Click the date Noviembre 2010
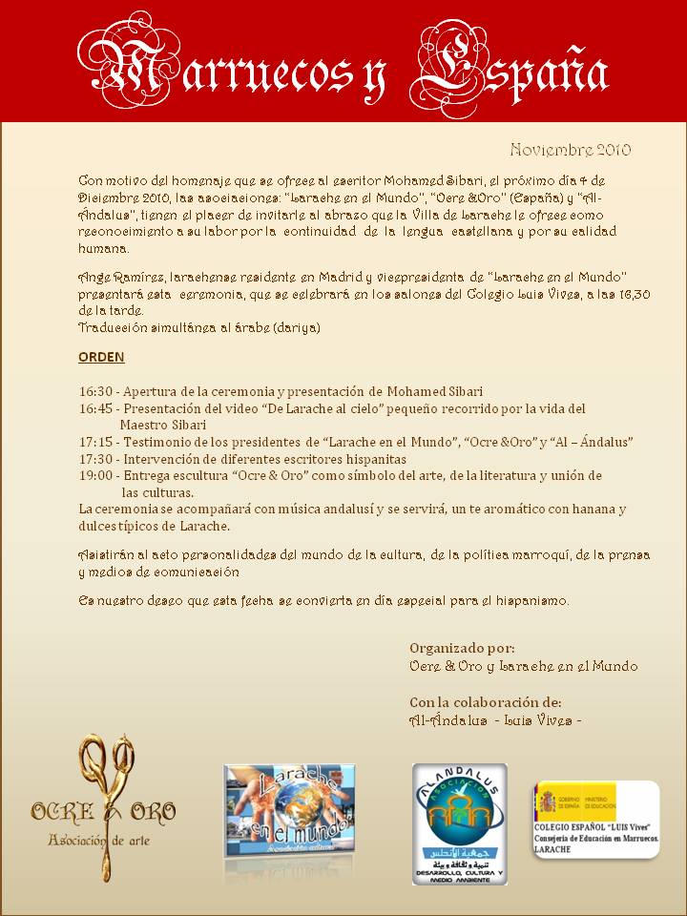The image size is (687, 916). [570, 150]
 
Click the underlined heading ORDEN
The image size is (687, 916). [101, 357]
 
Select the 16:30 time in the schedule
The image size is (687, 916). [95, 391]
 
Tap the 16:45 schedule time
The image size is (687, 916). [95, 408]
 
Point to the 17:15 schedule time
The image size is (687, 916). [95, 443]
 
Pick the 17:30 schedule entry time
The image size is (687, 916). [95, 459]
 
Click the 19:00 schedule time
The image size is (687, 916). [95, 475]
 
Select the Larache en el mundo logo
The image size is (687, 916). [289, 809]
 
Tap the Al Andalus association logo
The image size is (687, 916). [459, 822]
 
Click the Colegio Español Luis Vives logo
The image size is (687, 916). [594, 819]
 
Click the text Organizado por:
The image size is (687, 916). [462, 648]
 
